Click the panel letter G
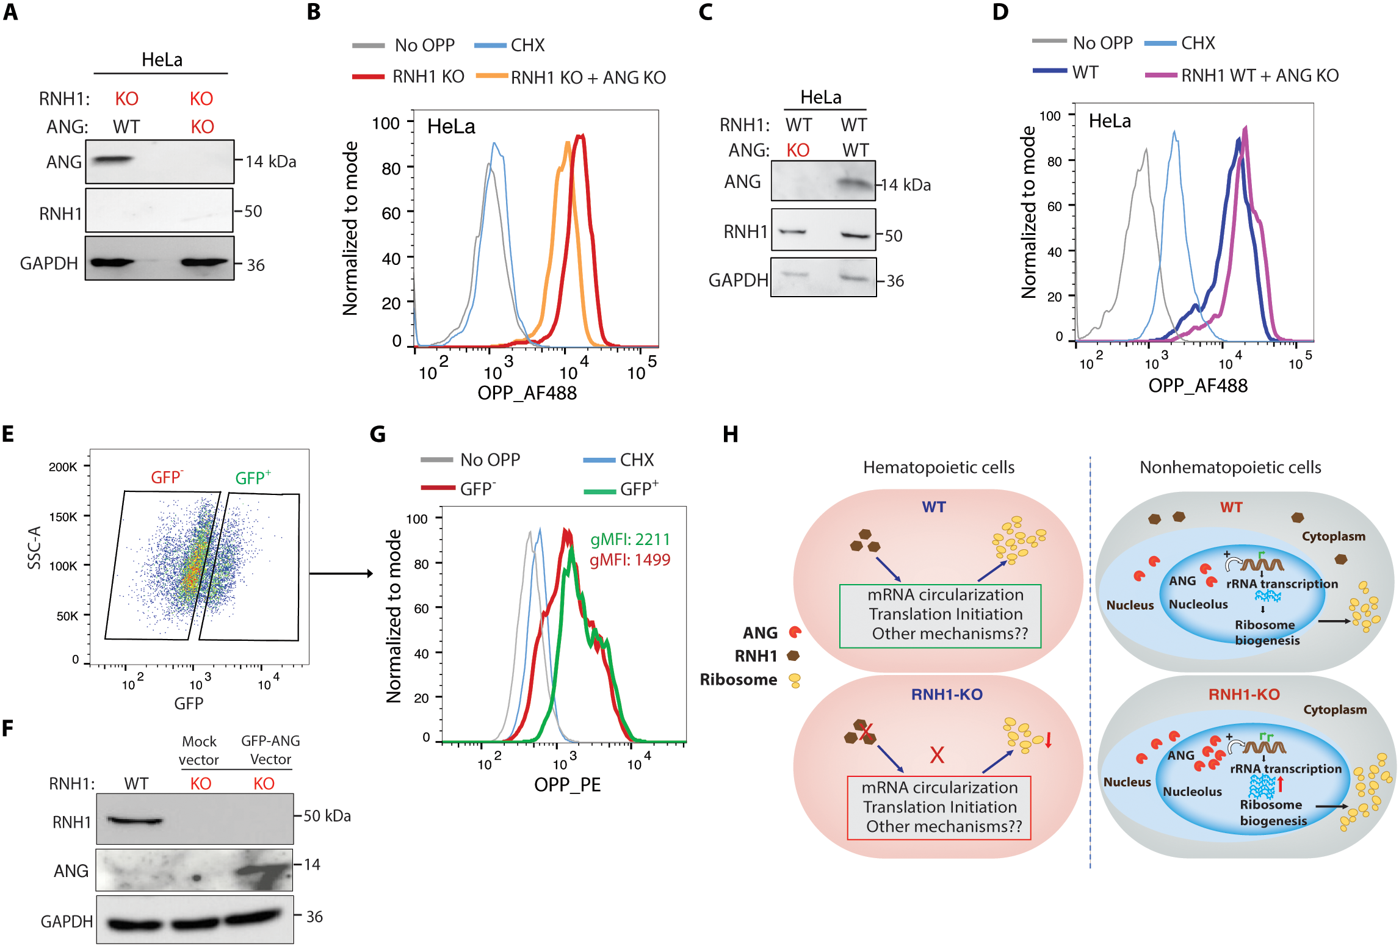point(378,434)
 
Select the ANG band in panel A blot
point(112,160)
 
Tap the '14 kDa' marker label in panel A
point(271,162)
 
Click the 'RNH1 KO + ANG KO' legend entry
point(571,78)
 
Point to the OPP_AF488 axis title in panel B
point(527,392)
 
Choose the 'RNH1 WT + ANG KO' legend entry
point(1242,75)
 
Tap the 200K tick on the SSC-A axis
point(63,467)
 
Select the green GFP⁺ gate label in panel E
point(253,477)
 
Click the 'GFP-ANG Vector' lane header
point(270,750)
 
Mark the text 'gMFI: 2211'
point(630,540)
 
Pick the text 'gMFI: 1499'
point(630,560)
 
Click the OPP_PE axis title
point(568,784)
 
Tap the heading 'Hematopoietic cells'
point(939,468)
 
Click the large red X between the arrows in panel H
point(937,755)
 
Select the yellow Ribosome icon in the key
point(795,680)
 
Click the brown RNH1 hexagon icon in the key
point(793,656)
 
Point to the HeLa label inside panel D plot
point(1110,121)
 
